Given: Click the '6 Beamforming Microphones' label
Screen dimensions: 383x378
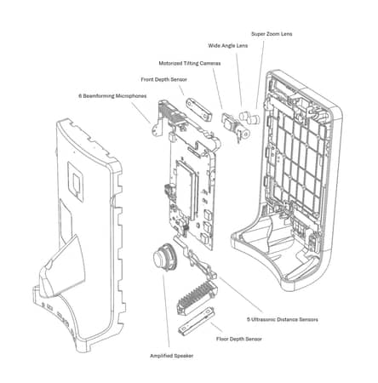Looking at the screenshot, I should click(113, 95).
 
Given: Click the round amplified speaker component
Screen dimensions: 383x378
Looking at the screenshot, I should click(161, 255).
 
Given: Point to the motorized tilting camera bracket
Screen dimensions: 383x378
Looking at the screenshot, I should click(228, 124).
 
